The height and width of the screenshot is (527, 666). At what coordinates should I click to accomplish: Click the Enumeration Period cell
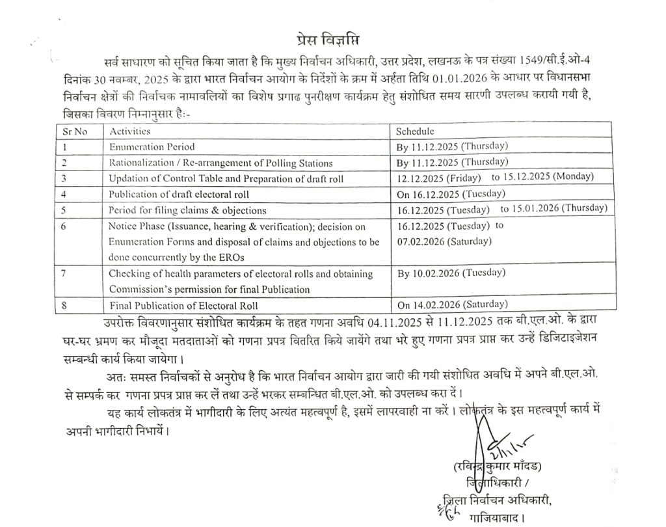(x=152, y=147)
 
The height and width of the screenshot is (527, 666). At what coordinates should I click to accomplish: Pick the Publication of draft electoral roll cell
(x=179, y=194)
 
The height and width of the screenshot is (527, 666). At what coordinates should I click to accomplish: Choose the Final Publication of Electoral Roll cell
(x=184, y=305)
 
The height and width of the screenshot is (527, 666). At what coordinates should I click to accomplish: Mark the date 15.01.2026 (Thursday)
(x=553, y=209)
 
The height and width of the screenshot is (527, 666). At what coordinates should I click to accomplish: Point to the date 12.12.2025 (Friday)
(x=439, y=178)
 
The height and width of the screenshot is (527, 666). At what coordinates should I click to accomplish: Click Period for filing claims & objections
(x=188, y=209)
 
